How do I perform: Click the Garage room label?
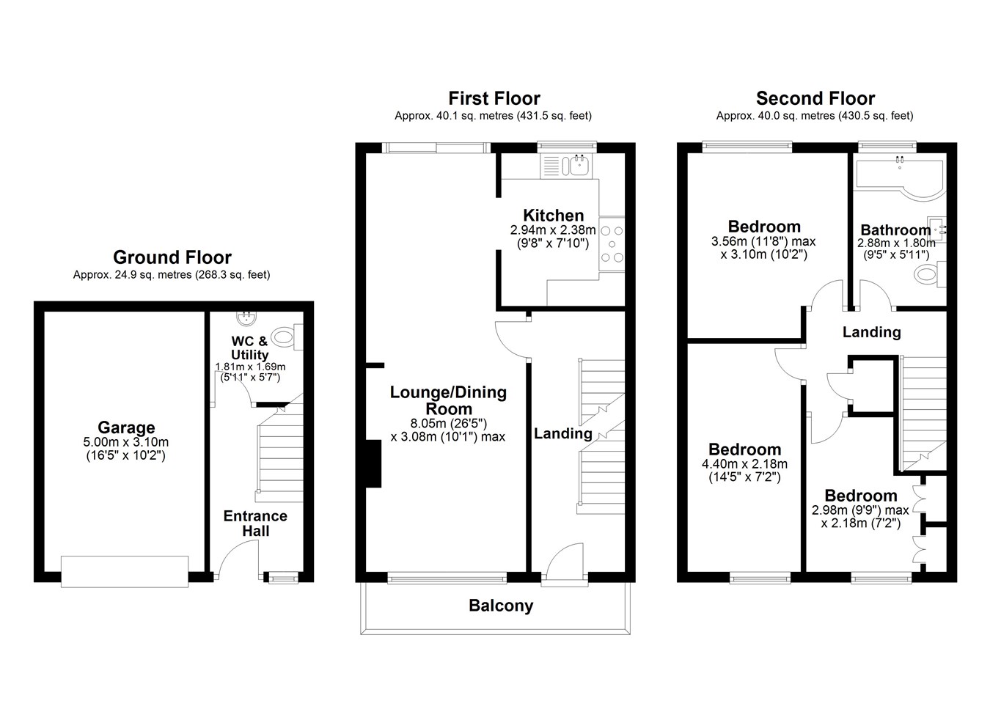pos(126,427)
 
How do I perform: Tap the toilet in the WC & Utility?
pos(287,337)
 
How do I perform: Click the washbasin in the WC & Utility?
pos(246,318)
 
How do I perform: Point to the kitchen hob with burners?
pos(612,244)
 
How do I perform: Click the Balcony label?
pos(501,606)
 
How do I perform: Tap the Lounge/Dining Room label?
pos(448,400)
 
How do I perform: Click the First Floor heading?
pos(494,98)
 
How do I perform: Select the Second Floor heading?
pos(815,98)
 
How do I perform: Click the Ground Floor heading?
pos(172,257)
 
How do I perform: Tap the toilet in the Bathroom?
pos(929,274)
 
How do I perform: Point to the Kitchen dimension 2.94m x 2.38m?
pos(553,230)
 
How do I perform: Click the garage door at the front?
pos(125,571)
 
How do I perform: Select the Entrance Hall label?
pos(255,524)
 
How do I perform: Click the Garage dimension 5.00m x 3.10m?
pos(126,442)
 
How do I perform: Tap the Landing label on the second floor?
pos(871,332)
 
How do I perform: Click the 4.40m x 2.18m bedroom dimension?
pos(745,464)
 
